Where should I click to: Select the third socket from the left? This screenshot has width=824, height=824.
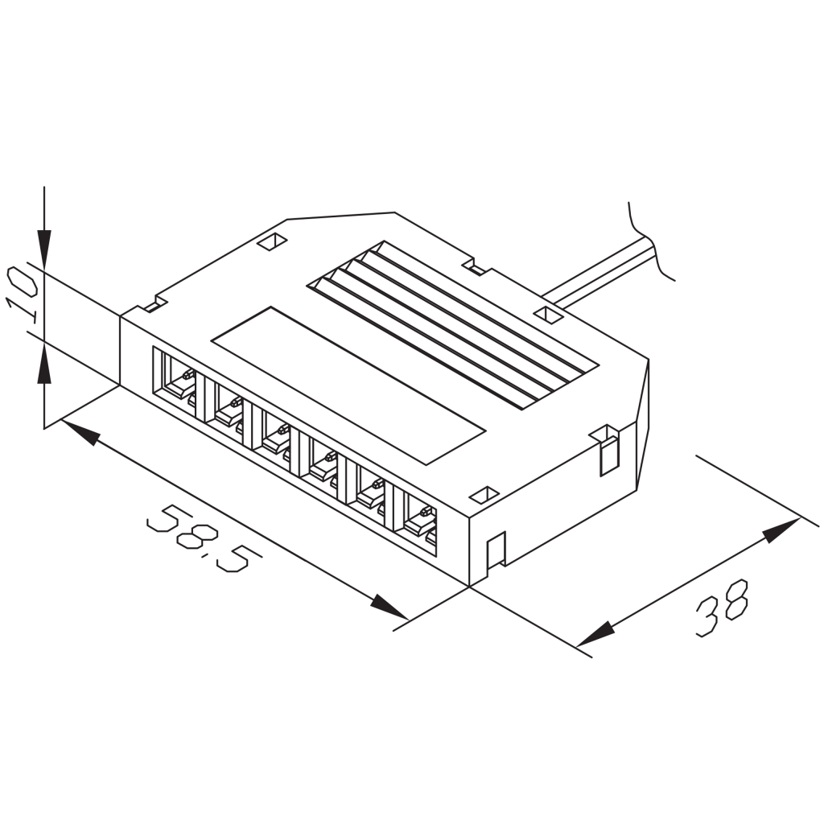tap(275, 435)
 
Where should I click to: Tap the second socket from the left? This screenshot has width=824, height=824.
tap(228, 408)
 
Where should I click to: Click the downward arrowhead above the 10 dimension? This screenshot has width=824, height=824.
tap(44, 246)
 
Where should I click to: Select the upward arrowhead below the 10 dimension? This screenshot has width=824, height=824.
tap(44, 367)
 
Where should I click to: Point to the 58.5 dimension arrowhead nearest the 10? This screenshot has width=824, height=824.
tap(80, 432)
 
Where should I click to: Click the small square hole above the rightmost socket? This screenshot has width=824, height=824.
tap(484, 493)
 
